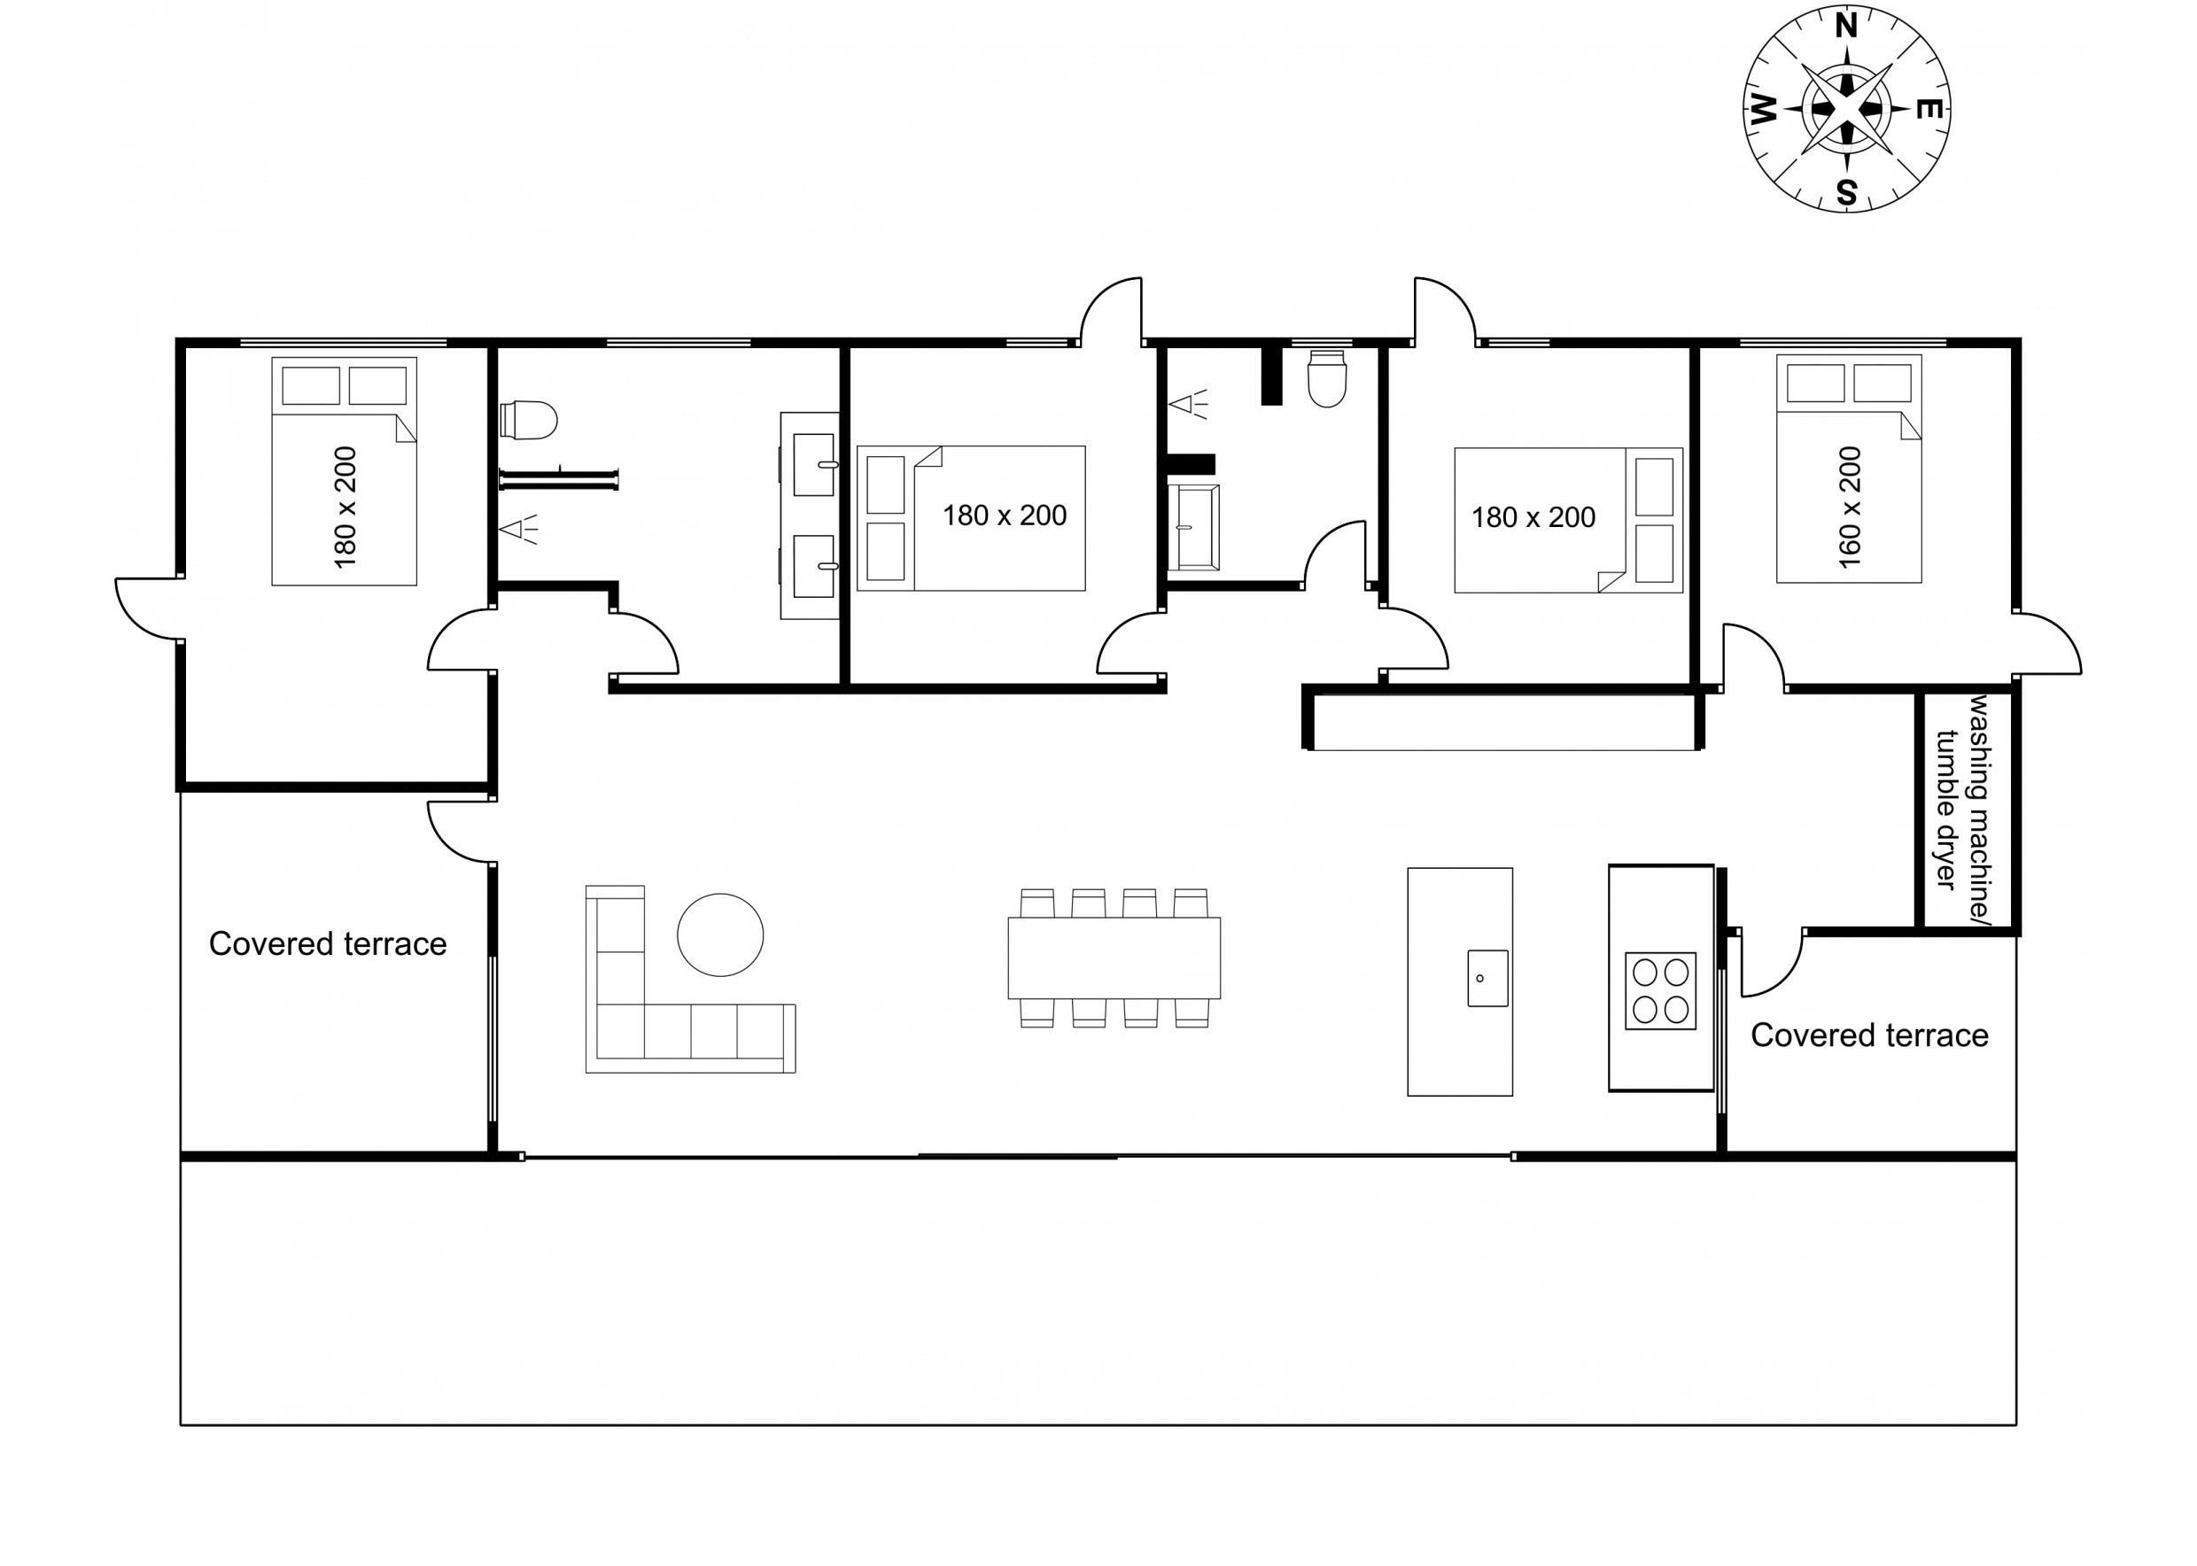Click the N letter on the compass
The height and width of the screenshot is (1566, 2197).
pos(1845,26)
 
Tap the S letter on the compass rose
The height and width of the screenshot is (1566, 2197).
pos(1846,193)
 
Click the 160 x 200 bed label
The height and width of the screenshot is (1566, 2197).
pos(1849,508)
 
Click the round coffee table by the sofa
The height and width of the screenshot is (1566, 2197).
pos(720,934)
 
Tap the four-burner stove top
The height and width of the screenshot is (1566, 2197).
pos(1660,990)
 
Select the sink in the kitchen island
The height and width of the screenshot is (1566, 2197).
pos(1487,978)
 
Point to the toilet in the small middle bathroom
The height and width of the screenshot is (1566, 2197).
pos(1326,379)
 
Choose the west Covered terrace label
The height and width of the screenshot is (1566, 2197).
pos(328,944)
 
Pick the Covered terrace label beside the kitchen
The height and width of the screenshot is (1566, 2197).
pos(1869,1035)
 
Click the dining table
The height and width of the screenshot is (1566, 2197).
pos(1114,957)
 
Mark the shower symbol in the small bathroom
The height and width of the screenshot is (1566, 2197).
pos(1188,404)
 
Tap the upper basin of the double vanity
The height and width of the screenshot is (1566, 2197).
pos(814,464)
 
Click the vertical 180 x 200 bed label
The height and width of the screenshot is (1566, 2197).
pos(345,508)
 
